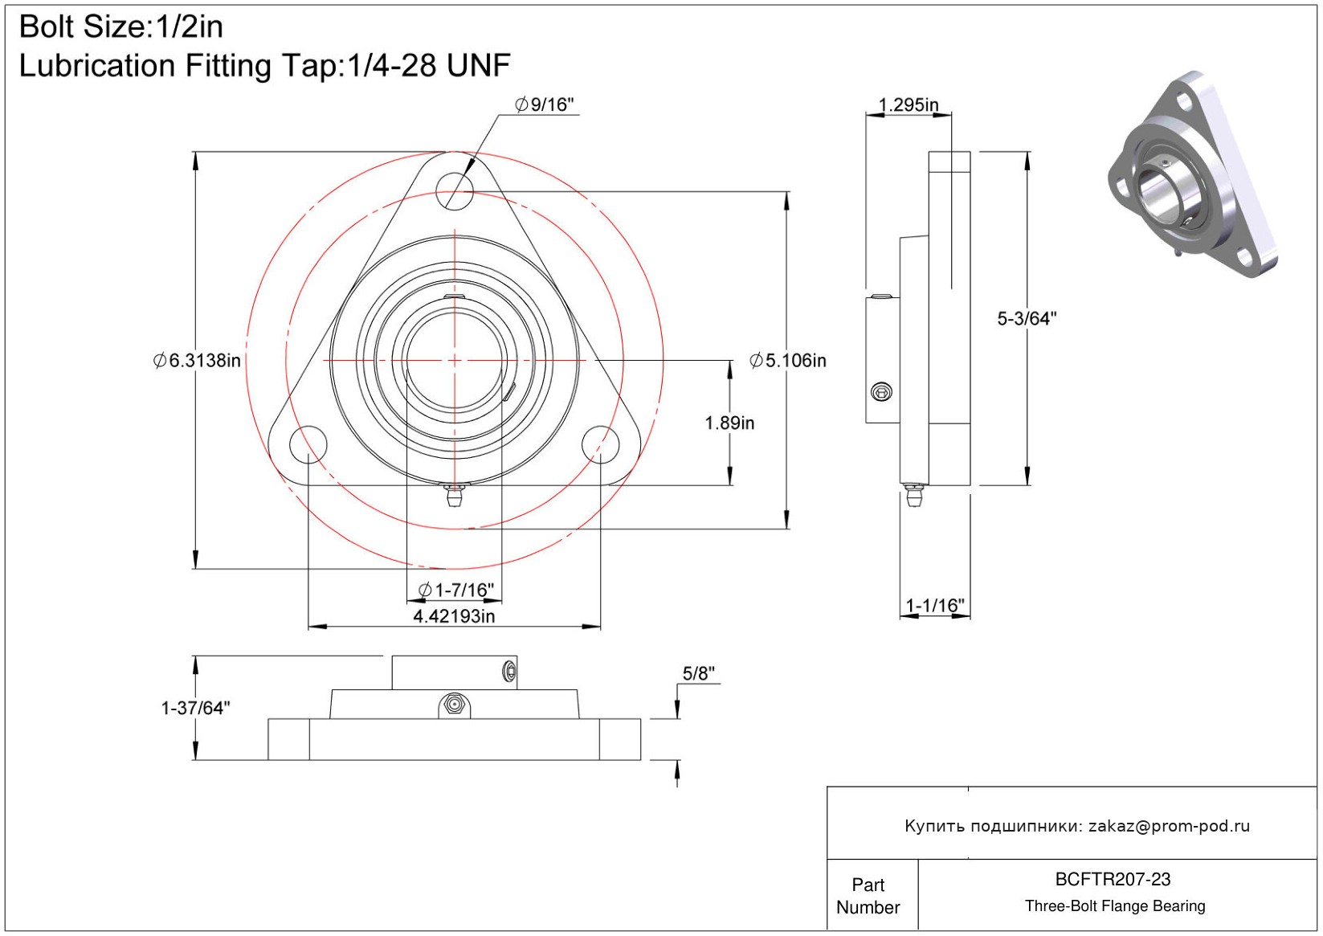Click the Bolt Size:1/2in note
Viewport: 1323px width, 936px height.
coord(120,27)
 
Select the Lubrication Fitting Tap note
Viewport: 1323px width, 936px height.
coord(264,66)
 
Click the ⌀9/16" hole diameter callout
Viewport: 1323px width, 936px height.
coord(545,104)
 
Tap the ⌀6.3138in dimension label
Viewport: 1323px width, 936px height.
coord(197,361)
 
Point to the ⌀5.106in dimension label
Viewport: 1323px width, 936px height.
coord(788,361)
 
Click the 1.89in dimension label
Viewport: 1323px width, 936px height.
coord(729,423)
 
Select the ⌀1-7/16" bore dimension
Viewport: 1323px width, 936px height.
coord(455,591)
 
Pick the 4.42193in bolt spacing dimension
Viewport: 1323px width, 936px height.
coord(454,616)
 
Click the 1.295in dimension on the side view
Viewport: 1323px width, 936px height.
coord(909,105)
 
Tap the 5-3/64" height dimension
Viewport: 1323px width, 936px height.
coord(1027,319)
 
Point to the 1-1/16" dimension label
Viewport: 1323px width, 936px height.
coord(935,606)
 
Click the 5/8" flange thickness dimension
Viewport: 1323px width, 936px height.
coord(698,673)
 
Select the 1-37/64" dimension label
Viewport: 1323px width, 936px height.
coord(195,708)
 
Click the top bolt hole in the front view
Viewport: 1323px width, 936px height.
coord(455,191)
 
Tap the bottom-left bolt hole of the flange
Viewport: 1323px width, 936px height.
coord(308,445)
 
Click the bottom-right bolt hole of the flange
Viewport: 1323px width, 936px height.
coord(601,445)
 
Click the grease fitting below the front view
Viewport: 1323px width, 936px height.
coord(455,496)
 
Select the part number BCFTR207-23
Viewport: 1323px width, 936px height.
coord(1113,879)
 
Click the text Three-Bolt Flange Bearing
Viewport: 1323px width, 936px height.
coord(1115,906)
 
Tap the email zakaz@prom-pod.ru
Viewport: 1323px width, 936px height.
coord(1169,826)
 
